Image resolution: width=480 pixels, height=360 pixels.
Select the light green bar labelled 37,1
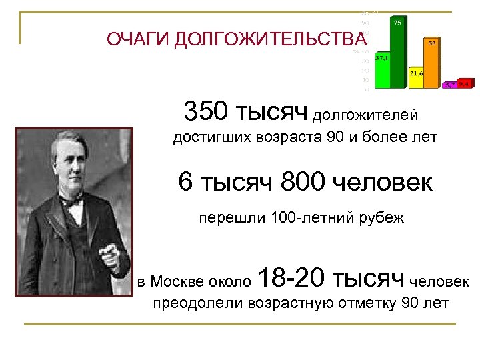tap(383, 72)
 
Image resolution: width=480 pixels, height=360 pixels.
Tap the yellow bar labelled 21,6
tap(417, 78)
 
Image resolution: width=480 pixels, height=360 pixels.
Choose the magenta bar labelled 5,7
tap(451, 85)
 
